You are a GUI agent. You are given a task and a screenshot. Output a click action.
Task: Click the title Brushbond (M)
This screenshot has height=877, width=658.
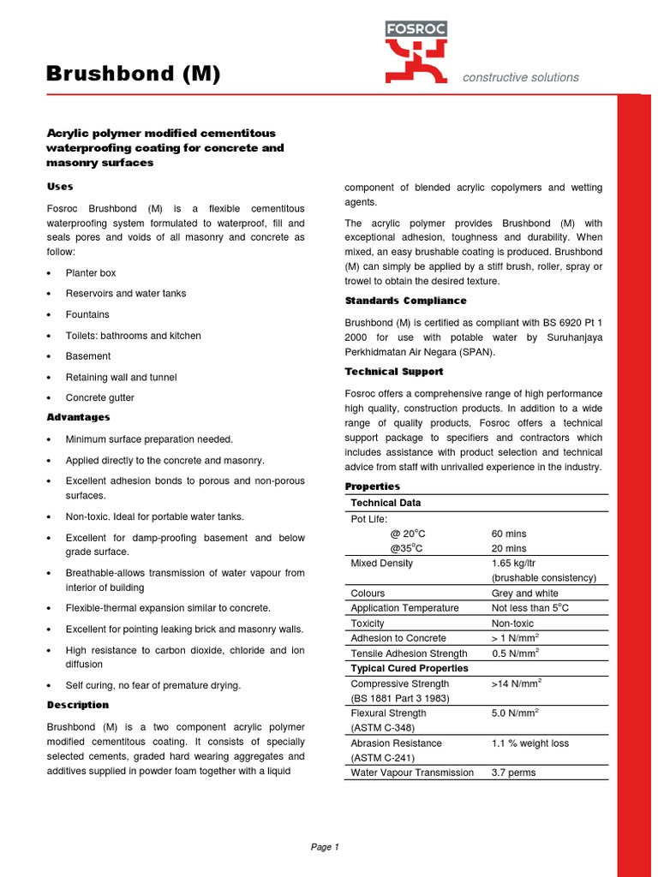point(133,75)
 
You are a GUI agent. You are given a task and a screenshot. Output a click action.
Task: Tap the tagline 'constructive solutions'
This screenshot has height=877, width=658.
point(520,77)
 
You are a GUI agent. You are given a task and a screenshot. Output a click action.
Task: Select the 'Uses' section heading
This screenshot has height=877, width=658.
point(59,186)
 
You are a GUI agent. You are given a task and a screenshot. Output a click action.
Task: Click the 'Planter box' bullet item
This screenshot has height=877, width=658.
point(91,272)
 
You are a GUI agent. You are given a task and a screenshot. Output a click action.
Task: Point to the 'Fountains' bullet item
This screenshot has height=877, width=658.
point(87,314)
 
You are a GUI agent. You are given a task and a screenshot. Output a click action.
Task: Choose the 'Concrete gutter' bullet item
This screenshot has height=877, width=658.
point(100,397)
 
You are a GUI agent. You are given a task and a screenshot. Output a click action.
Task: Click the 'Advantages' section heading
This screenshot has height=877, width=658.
point(78,417)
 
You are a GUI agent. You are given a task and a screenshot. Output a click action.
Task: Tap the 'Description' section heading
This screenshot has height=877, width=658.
point(77,705)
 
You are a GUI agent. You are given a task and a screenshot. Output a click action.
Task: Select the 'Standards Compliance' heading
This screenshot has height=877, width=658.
point(405,301)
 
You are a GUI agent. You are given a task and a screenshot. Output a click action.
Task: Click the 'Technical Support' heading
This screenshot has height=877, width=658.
point(393,372)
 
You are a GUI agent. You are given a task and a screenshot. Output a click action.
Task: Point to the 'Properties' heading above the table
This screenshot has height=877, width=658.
point(372,486)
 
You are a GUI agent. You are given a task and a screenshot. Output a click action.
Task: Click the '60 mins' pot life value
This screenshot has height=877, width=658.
point(509,533)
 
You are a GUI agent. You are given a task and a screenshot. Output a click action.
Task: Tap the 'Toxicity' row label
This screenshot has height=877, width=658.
point(368,623)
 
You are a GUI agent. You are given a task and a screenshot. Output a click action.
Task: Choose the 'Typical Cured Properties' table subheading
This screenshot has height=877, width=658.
point(410,668)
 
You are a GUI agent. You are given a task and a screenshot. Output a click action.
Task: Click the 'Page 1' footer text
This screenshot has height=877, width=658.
point(325,847)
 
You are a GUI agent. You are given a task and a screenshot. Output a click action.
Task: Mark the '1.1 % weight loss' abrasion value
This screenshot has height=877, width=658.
point(529,743)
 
